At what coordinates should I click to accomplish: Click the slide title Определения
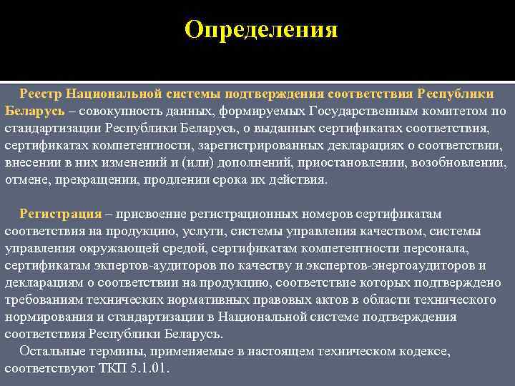pyautogui.click(x=260, y=30)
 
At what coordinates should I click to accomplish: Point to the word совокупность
pyautogui.click(x=122, y=112)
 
